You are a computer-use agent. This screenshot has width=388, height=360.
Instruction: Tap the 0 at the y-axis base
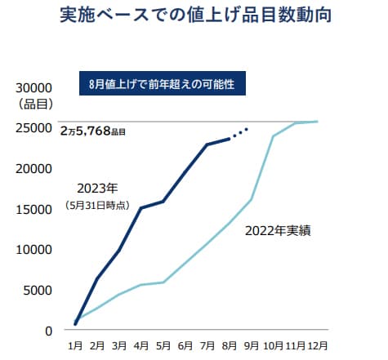tap(48, 331)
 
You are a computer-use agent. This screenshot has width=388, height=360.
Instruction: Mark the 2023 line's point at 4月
tap(141, 208)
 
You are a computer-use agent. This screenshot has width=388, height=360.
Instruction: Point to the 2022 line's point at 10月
tap(273, 136)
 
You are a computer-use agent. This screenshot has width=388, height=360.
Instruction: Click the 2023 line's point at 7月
tap(207, 144)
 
